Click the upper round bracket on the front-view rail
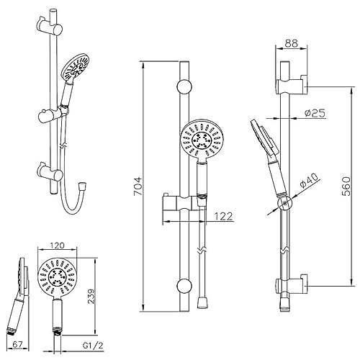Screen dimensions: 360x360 click(184, 88)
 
